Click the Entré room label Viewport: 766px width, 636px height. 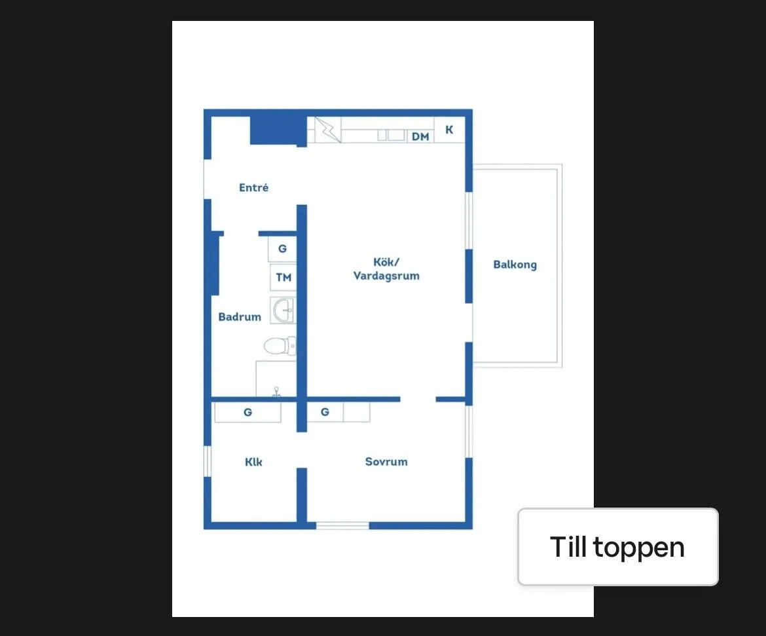click(x=253, y=188)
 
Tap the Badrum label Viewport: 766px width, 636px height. click(x=240, y=317)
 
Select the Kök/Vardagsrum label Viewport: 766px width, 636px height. click(x=386, y=269)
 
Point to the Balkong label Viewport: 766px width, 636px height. click(x=515, y=265)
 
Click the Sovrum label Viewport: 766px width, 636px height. click(x=386, y=462)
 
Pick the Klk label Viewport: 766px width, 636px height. click(x=253, y=462)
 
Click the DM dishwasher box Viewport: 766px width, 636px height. click(x=420, y=136)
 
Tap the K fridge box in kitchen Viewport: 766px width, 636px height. click(x=450, y=130)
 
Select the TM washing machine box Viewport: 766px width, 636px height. click(x=283, y=278)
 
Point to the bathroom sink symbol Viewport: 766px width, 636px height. click(x=283, y=310)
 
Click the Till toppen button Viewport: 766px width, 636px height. click(x=617, y=547)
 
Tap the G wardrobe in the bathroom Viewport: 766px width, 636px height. click(x=283, y=249)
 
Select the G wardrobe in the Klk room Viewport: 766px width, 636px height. click(x=247, y=413)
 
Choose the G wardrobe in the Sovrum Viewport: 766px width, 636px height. click(x=325, y=412)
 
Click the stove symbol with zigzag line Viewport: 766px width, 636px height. click(x=328, y=130)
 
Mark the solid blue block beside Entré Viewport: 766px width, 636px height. click(x=278, y=130)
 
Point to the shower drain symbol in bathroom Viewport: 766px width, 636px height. click(x=277, y=391)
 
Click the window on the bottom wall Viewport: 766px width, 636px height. click(x=342, y=525)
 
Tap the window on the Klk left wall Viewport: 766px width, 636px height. click(x=208, y=460)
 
